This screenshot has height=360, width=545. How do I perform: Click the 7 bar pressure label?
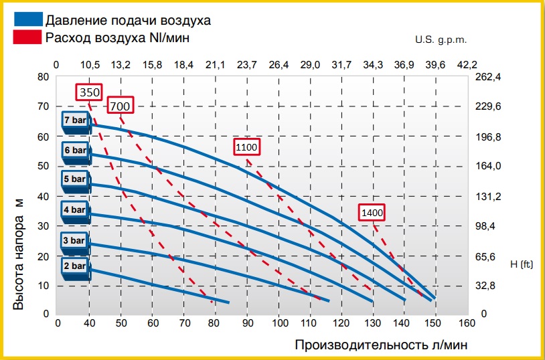[75, 120]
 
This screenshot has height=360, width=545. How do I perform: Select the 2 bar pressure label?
[75, 266]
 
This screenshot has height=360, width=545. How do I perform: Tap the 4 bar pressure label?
[75, 210]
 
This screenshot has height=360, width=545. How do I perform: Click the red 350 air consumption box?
[89, 92]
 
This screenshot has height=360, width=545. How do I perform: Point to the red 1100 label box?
[246, 147]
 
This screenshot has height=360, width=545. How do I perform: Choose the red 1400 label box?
[372, 212]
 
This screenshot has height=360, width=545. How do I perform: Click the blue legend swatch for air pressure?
[27, 19]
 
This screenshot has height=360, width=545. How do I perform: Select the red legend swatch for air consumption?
[27, 37]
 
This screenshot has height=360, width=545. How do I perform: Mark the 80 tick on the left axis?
[43, 77]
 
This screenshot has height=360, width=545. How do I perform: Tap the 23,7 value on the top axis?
[246, 64]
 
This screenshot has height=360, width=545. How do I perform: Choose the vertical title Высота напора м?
[19, 254]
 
